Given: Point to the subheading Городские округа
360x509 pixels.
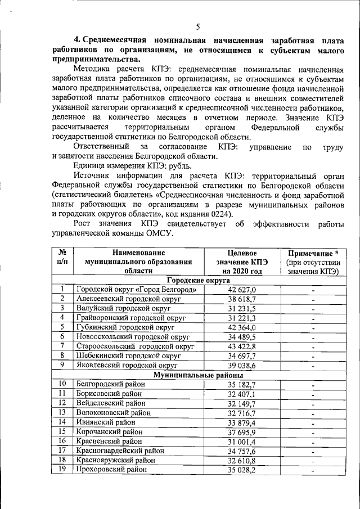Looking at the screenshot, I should click(x=199, y=280).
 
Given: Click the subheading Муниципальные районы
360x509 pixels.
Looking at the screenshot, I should click(x=199, y=375).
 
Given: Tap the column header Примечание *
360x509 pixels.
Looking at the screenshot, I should click(x=313, y=253).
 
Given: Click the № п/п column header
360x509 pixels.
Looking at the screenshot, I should click(x=63, y=257).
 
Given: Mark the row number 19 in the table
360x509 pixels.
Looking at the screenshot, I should click(x=63, y=470).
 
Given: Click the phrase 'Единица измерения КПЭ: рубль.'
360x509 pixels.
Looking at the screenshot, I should click(x=132, y=165).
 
